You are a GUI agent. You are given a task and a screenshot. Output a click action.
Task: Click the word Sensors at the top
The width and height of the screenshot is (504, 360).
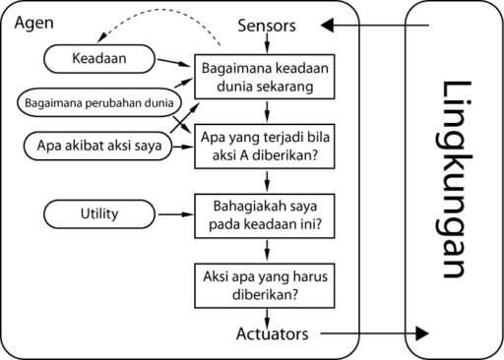coord(267,27)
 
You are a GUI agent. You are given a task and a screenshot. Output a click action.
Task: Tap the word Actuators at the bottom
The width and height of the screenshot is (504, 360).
coord(272,333)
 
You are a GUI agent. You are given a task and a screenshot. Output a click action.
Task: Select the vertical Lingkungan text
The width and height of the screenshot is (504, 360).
coord(456,179)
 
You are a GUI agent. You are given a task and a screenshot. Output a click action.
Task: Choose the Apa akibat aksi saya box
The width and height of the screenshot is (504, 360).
coord(94,146)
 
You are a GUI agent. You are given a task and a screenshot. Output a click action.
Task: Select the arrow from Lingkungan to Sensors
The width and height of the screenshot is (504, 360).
coord(374,26)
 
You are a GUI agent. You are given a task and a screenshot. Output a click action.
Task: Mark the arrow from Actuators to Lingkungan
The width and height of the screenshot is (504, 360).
coord(374,334)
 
